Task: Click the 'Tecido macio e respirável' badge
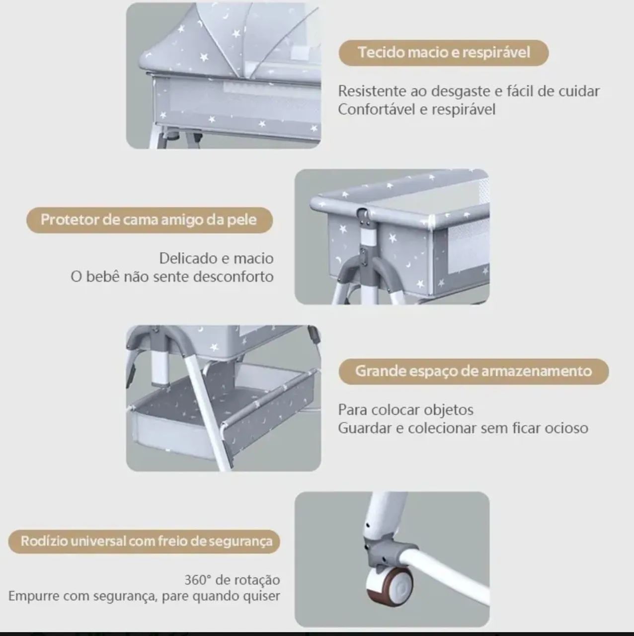[443, 53]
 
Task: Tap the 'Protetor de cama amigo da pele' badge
[150, 220]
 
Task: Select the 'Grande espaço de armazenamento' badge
[474, 371]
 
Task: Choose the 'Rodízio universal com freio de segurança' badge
[144, 541]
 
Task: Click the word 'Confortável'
[377, 110]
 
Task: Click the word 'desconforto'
[234, 277]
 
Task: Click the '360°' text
[197, 580]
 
